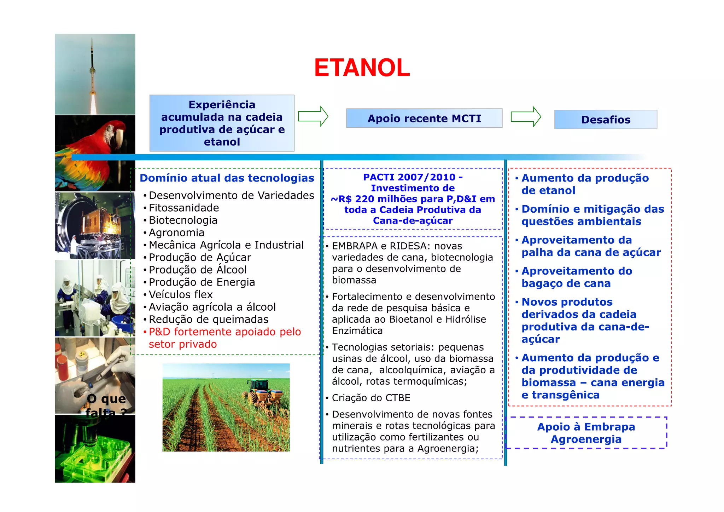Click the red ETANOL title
362,68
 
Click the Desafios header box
605,120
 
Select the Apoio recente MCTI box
424,118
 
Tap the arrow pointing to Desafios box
526,116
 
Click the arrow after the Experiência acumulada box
313,116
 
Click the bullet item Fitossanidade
183,208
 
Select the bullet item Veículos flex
180,294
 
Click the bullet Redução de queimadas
208,319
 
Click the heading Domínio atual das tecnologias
227,178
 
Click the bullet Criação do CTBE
371,398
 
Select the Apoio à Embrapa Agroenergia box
586,433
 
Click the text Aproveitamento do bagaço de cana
576,277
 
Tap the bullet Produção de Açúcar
200,257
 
